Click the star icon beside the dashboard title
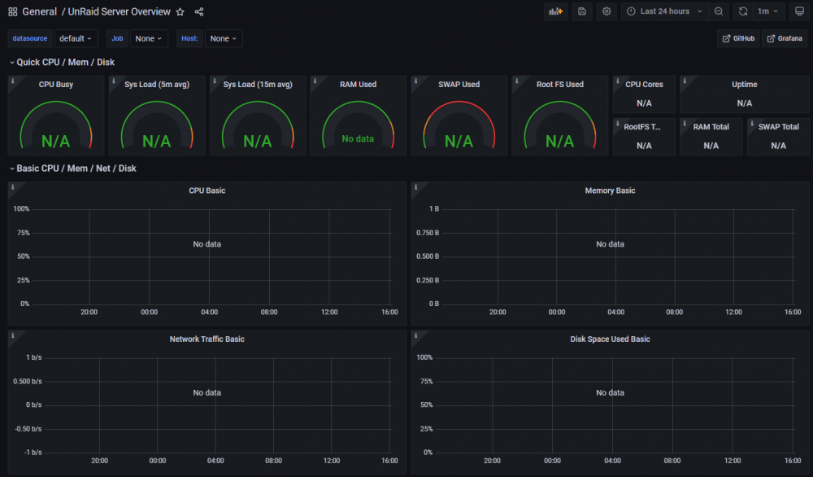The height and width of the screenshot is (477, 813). tap(180, 11)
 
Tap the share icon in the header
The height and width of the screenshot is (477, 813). tap(199, 11)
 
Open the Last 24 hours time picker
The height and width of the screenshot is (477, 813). tap(665, 11)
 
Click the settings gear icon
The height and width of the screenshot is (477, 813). tap(606, 11)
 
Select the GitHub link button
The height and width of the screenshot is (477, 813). tap(738, 38)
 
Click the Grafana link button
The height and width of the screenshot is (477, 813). tap(785, 38)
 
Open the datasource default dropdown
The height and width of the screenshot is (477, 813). tap(76, 38)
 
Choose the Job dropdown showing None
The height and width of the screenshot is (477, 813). tap(149, 38)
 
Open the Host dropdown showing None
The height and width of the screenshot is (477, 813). tap(224, 38)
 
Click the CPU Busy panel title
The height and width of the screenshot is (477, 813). tap(56, 84)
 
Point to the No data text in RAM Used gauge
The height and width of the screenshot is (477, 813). tap(358, 138)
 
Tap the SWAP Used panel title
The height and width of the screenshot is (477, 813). tap(459, 84)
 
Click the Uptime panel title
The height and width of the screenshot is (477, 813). tap(745, 84)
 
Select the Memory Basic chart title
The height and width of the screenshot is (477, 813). tap(610, 190)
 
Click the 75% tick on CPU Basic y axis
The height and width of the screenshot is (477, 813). tap(24, 233)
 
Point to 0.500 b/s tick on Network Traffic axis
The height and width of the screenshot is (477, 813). tap(28, 381)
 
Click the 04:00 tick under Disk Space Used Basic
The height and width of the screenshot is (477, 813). tap(612, 461)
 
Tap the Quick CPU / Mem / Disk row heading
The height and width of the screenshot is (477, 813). tap(65, 63)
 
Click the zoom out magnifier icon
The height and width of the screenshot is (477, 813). tap(719, 11)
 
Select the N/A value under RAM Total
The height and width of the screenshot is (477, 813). tap(711, 146)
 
